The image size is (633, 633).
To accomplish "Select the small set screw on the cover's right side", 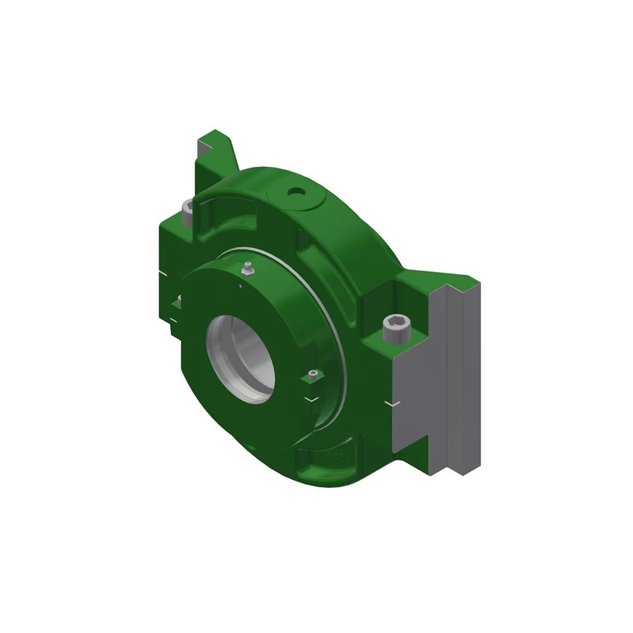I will pos(311,377).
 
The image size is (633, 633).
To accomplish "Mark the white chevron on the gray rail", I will pos(394,403).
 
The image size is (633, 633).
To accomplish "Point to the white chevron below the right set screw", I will pos(311,399).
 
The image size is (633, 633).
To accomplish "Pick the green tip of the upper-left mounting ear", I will pos(215,137).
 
